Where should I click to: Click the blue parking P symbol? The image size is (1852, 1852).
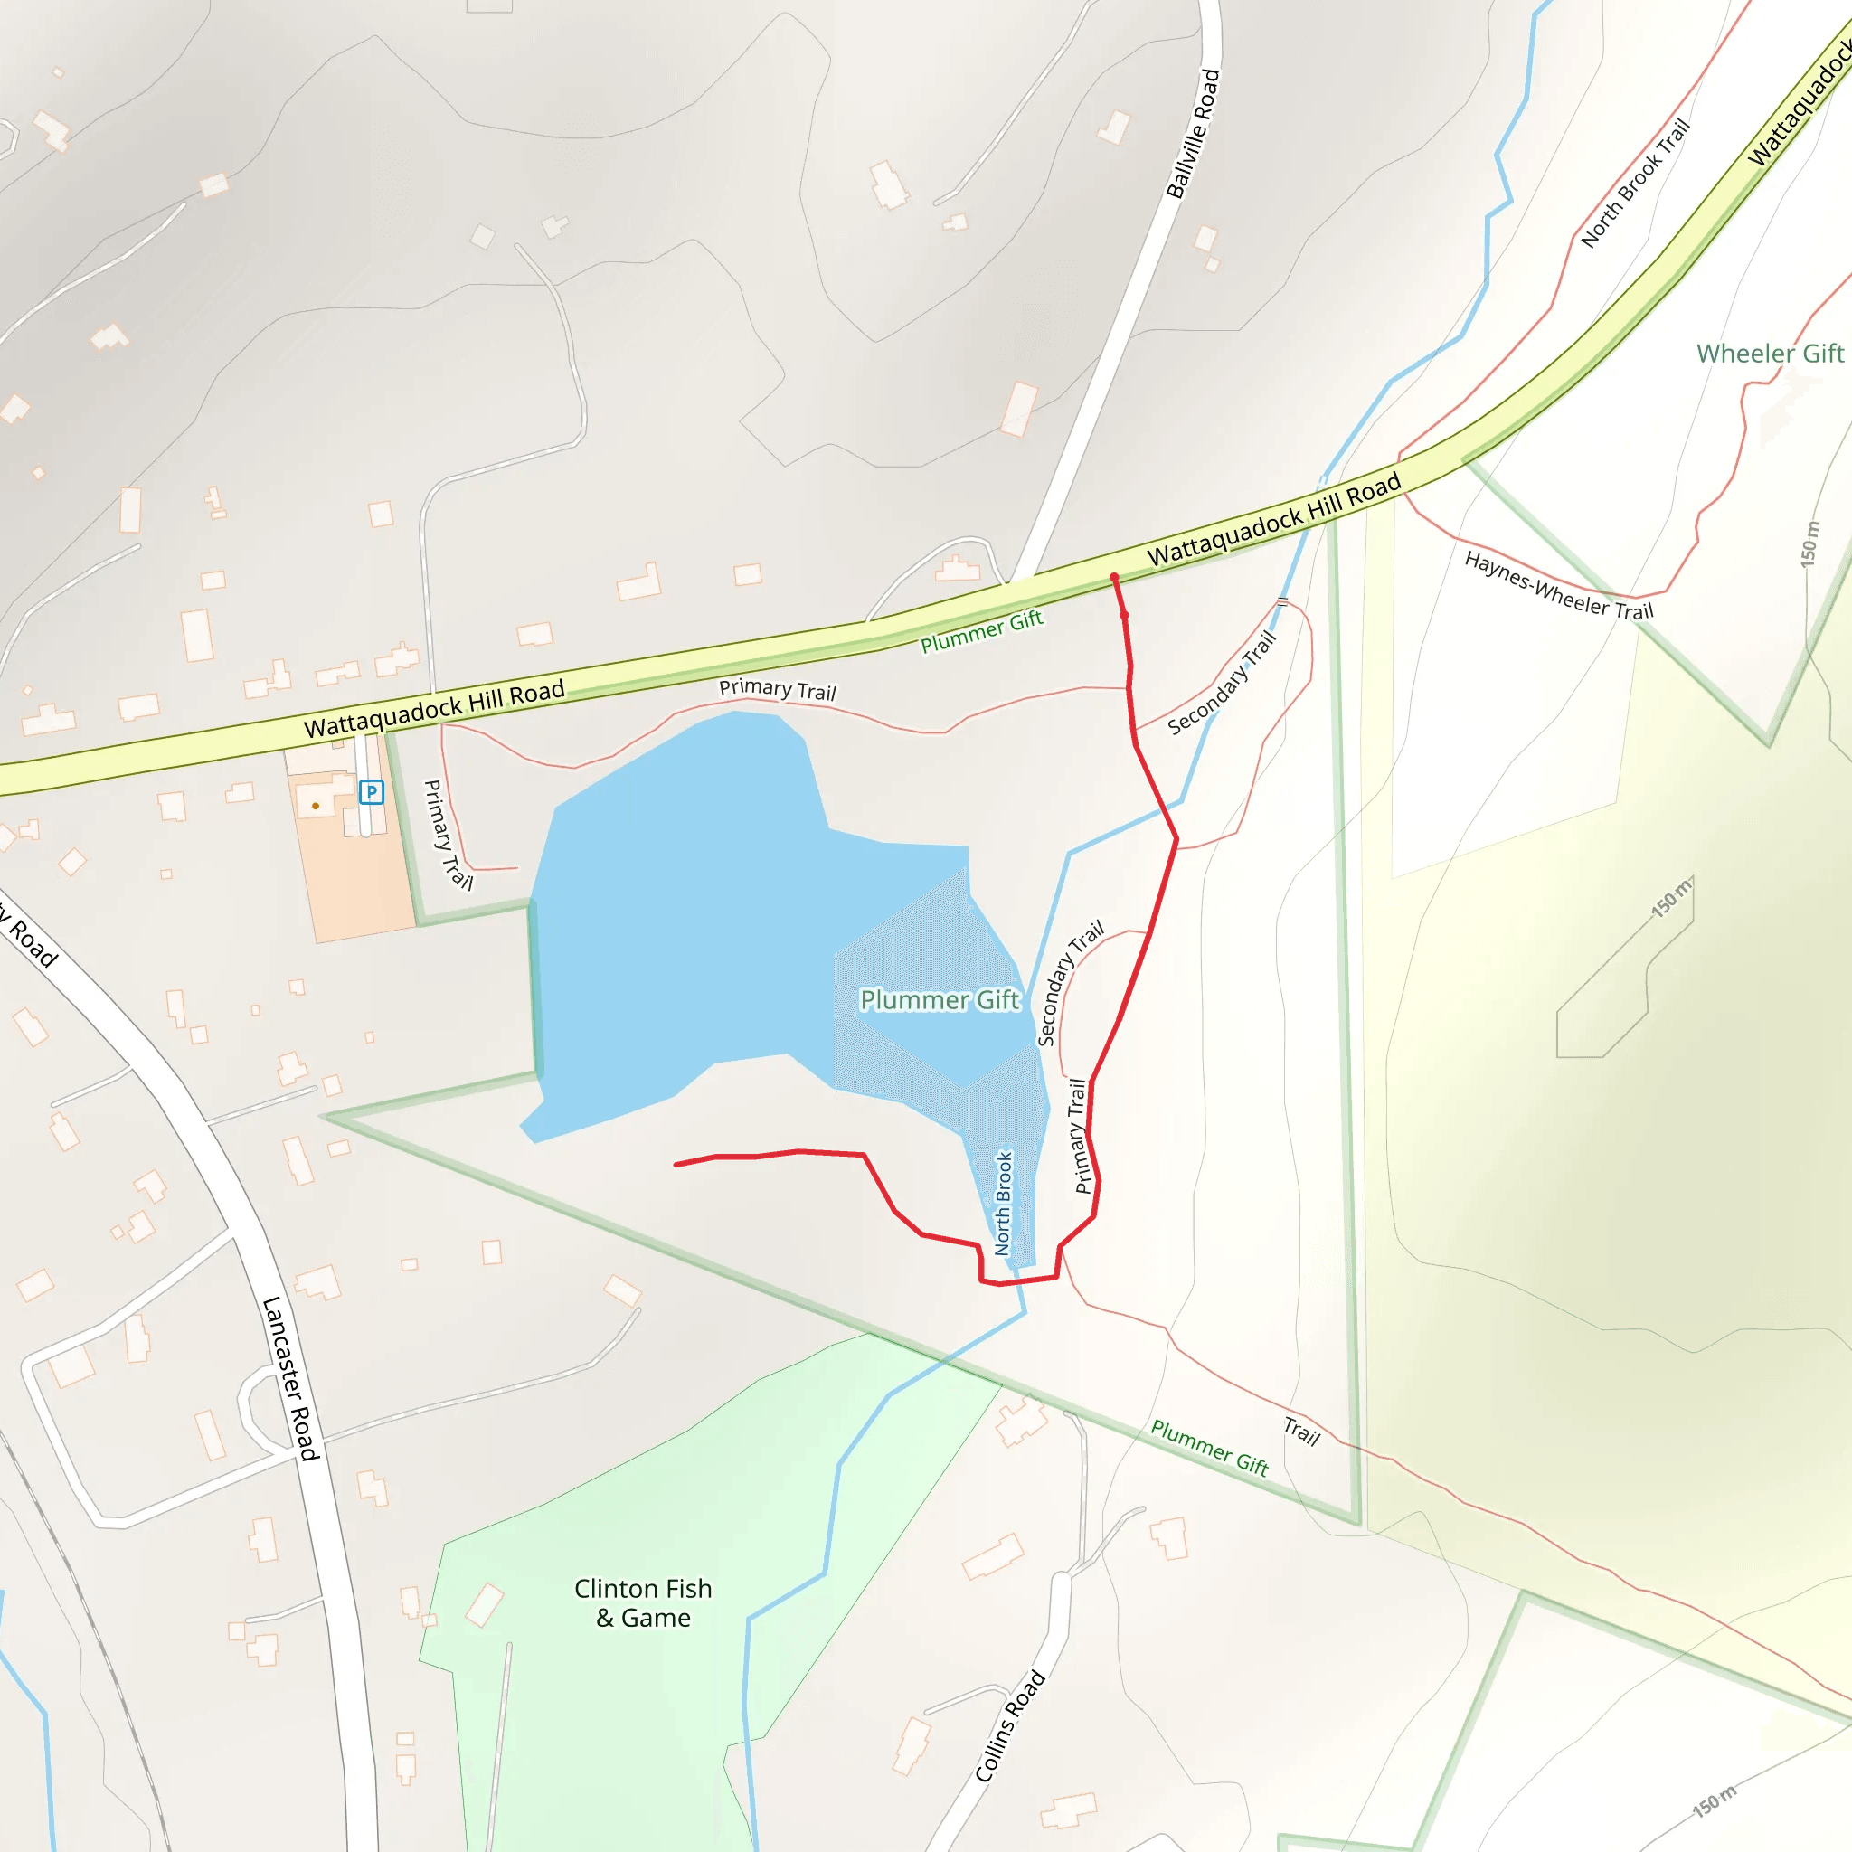[371, 792]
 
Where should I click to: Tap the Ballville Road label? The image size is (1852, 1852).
[1194, 133]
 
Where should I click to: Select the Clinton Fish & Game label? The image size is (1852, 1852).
[643, 1602]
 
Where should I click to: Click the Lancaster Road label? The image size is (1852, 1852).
[289, 1378]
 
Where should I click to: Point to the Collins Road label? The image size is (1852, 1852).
[1009, 1725]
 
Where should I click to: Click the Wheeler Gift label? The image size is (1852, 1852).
[1770, 354]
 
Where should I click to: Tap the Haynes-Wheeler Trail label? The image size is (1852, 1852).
[1559, 586]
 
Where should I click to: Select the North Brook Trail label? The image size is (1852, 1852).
[1634, 183]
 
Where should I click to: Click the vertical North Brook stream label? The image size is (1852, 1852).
[1003, 1203]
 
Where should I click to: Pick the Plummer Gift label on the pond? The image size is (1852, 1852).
[940, 1000]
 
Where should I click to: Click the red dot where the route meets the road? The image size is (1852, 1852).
[1114, 577]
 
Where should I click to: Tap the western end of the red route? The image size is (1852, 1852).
[676, 1165]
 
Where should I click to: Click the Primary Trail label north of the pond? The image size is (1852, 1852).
[778, 689]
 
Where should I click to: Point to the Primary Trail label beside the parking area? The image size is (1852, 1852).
[448, 834]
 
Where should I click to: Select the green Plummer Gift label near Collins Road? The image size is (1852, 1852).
[1210, 1448]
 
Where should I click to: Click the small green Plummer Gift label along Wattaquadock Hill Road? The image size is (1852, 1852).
[981, 632]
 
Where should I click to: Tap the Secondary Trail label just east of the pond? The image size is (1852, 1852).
[1071, 983]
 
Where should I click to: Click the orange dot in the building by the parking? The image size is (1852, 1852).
[316, 806]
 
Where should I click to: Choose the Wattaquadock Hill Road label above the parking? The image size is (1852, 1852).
[434, 708]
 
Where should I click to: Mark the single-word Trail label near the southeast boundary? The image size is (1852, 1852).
[1302, 1432]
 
